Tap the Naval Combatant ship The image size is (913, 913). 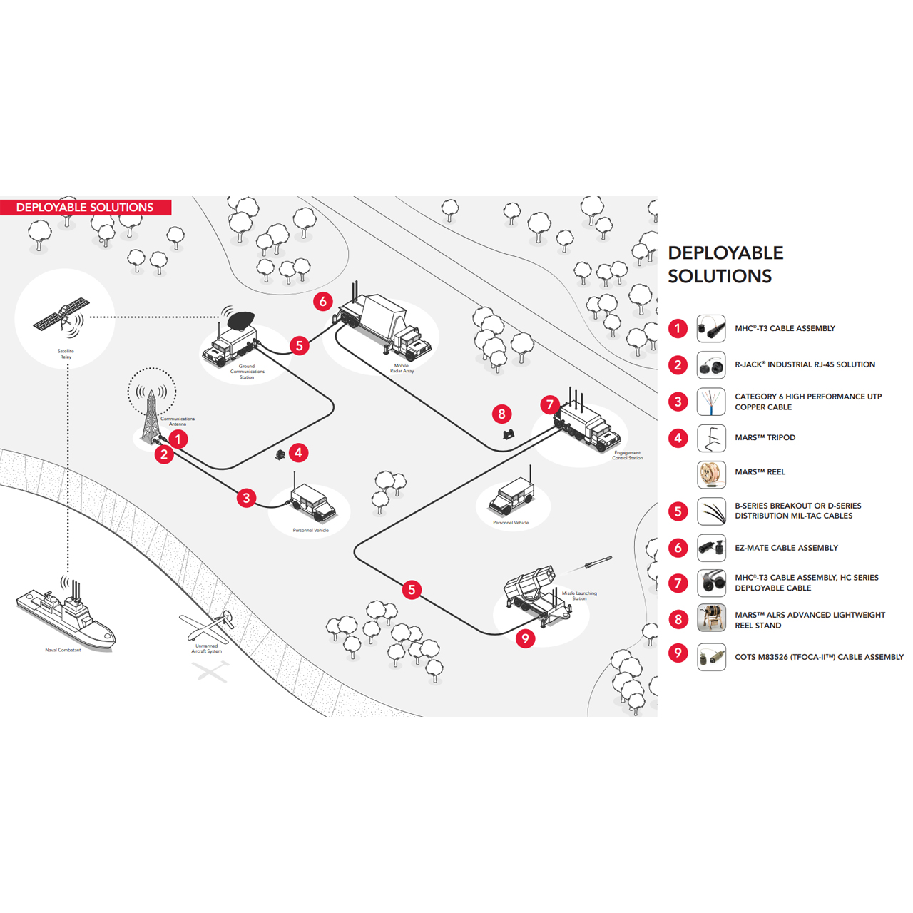(x=66, y=616)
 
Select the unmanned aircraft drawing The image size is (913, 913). (x=208, y=626)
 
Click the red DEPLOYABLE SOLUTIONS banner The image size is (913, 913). (x=85, y=208)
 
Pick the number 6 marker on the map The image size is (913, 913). (x=323, y=301)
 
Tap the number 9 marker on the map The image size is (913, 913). (x=526, y=638)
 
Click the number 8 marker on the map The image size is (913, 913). (x=502, y=414)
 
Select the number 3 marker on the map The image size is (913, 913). (x=247, y=498)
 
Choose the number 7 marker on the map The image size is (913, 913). (x=549, y=405)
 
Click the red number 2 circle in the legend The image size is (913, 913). (x=678, y=365)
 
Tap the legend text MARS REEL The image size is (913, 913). (x=760, y=472)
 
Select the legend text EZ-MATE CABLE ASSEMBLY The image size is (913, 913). (x=786, y=548)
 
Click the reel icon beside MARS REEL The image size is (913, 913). (x=711, y=474)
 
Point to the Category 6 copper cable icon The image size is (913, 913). (x=711, y=402)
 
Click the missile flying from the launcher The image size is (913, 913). (x=597, y=563)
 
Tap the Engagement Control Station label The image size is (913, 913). (x=627, y=455)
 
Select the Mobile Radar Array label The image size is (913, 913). (x=402, y=368)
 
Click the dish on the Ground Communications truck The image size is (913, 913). (x=238, y=320)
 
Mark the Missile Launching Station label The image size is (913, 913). (x=579, y=596)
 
